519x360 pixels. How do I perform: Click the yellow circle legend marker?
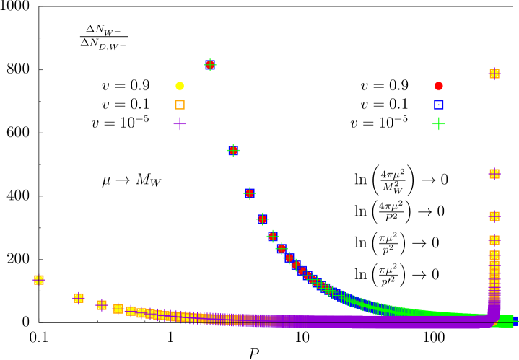click(x=180, y=86)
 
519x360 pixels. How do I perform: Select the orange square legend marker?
click(x=180, y=105)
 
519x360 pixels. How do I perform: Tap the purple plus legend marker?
click(x=180, y=123)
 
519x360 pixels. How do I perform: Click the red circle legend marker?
click(x=439, y=86)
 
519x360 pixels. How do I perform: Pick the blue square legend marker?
click(x=439, y=105)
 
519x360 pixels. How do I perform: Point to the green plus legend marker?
click(x=439, y=123)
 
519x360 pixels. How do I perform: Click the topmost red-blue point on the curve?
click(x=210, y=65)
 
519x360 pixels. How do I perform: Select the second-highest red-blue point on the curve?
click(x=233, y=150)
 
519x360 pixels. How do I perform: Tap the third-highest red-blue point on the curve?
click(x=250, y=193)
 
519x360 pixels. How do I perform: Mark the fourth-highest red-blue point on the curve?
click(x=263, y=219)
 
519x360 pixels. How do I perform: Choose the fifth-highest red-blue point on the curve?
click(x=273, y=236)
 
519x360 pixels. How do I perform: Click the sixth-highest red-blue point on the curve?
click(x=282, y=248)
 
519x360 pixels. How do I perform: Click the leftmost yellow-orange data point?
click(x=39, y=280)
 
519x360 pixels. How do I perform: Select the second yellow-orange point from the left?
click(x=79, y=297)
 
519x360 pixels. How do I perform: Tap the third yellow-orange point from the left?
click(x=102, y=305)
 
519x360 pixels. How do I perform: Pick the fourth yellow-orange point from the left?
click(x=118, y=309)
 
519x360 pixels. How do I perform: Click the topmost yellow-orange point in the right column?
click(x=494, y=74)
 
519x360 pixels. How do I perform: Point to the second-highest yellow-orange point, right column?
click(x=494, y=174)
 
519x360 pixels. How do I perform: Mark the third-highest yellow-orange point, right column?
click(x=494, y=216)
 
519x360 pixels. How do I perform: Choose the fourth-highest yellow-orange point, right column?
click(x=494, y=240)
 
